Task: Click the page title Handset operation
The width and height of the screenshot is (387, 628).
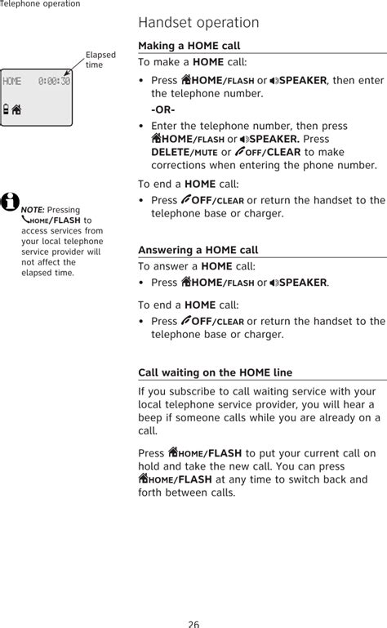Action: [198, 22]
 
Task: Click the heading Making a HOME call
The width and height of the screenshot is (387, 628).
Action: [189, 46]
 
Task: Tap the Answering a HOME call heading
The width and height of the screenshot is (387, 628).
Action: [198, 250]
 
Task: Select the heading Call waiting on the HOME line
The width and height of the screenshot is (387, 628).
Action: [215, 372]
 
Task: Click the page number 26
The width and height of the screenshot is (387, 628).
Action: [193, 622]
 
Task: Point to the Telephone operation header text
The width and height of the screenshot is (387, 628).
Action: [40, 4]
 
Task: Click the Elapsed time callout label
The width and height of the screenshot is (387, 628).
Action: [100, 60]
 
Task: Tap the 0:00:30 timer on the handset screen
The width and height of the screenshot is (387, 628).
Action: [54, 82]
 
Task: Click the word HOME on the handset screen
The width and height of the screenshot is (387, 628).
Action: [12, 82]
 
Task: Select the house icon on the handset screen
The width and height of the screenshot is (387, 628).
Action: [16, 109]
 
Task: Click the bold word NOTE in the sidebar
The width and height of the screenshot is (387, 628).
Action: [33, 210]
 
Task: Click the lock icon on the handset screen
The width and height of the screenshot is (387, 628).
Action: [7, 109]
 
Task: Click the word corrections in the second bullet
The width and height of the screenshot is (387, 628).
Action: [180, 166]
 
